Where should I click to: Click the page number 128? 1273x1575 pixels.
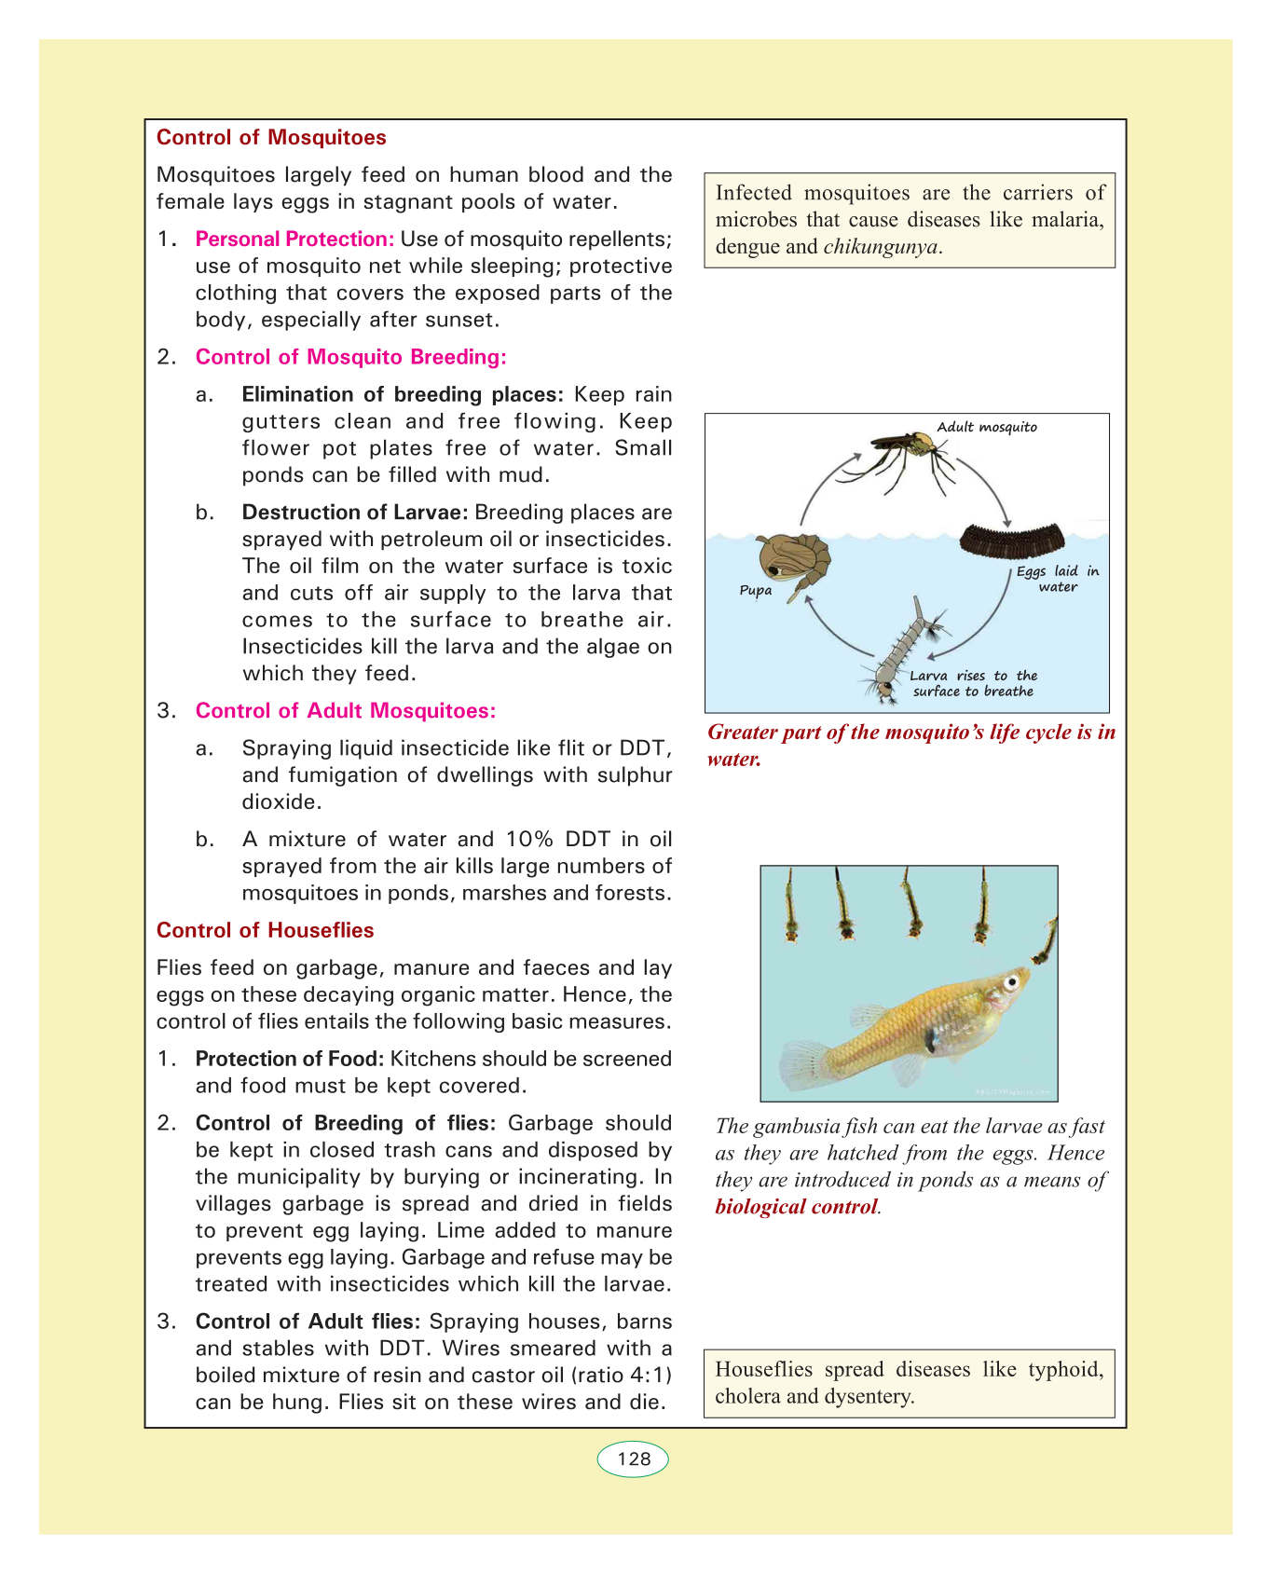[x=634, y=1459]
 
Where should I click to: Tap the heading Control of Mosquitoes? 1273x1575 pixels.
[x=271, y=138]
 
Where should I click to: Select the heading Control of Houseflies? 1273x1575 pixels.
[x=265, y=930]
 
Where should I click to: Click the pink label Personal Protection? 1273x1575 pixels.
[x=294, y=240]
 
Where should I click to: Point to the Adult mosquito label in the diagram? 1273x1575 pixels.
[x=986, y=427]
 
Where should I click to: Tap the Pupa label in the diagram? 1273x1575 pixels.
[x=755, y=590]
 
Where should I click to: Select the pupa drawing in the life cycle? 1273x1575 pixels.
[x=792, y=559]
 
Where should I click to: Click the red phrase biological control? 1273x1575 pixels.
[x=796, y=1207]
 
